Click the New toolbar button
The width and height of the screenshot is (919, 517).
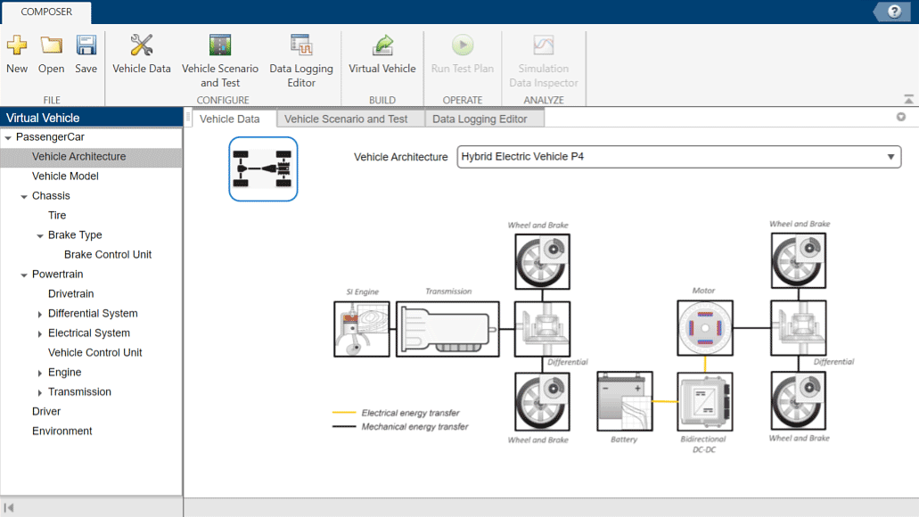[x=17, y=54]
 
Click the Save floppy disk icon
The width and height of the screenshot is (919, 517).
[x=86, y=45]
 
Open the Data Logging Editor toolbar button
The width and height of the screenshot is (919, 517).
[x=301, y=60]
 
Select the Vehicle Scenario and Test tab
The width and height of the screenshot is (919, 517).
[x=346, y=119]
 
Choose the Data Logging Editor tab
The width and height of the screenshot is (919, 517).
[x=480, y=119]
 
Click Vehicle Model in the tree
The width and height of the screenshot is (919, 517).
[x=65, y=176]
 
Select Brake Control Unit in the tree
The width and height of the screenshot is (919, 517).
[x=108, y=255]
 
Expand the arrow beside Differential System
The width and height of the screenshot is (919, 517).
[x=40, y=314]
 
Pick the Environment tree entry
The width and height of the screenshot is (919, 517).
[x=62, y=431]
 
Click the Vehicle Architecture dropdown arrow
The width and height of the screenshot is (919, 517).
[x=890, y=158]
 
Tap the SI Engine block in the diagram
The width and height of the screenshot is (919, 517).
[x=362, y=329]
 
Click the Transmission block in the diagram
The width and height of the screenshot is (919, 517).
[x=447, y=329]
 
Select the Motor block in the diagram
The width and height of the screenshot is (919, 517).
[x=704, y=328]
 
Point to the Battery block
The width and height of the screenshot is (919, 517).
[x=624, y=401]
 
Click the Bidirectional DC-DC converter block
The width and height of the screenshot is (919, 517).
[x=704, y=402]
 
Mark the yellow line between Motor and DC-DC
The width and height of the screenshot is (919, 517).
[x=705, y=365]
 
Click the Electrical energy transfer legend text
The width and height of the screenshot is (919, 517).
[x=410, y=414]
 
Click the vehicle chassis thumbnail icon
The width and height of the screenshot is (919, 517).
[x=263, y=169]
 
